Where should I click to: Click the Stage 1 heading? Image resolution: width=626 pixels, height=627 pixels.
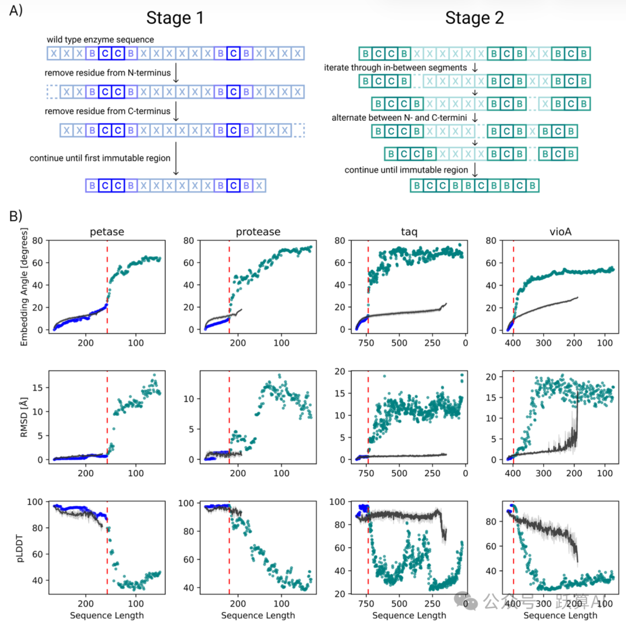(175, 18)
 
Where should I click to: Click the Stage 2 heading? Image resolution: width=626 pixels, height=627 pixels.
(475, 18)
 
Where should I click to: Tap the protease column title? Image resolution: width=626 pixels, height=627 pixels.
(258, 232)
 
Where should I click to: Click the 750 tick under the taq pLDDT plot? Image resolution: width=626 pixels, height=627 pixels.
(366, 603)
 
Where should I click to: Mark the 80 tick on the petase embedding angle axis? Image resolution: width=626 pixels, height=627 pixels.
(39, 241)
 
